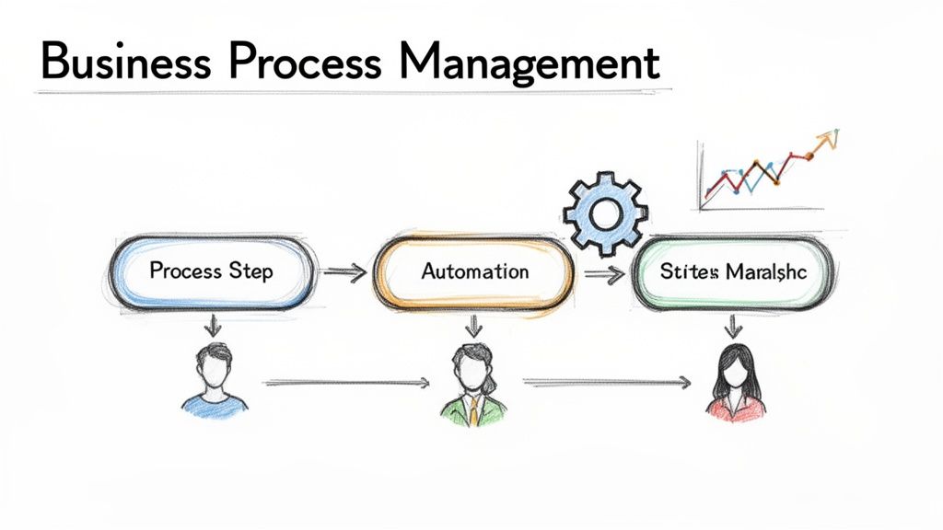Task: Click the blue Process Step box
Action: tap(211, 271)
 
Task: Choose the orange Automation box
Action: tap(474, 271)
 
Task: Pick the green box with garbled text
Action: tap(733, 271)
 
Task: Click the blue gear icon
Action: tap(606, 213)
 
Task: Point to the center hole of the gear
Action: tap(606, 213)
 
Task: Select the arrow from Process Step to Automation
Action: tap(344, 271)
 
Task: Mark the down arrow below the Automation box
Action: tap(474, 325)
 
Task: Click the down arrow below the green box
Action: tap(734, 325)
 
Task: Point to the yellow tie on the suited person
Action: tap(473, 411)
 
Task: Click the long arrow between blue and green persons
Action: tap(346, 381)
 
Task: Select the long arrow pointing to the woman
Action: tap(608, 380)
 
